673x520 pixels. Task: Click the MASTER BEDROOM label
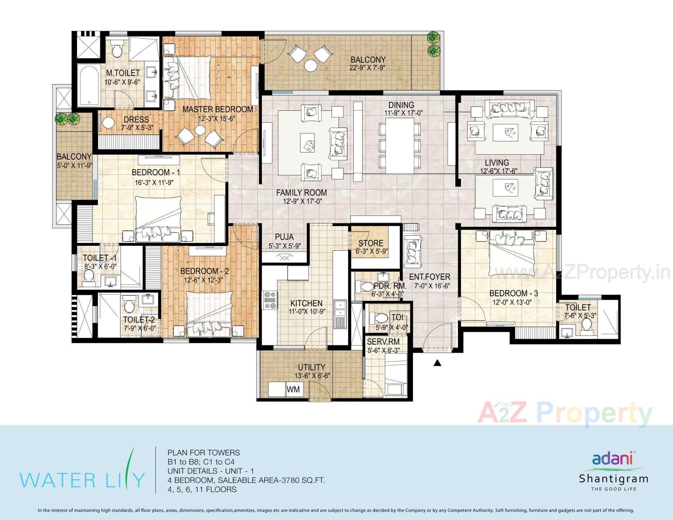tap(217, 109)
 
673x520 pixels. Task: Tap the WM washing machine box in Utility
tap(293, 390)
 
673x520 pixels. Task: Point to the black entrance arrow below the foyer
tap(437, 363)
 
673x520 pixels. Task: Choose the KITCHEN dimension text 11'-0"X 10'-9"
tap(306, 311)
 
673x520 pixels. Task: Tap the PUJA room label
tap(284, 237)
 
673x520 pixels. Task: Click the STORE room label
tap(371, 243)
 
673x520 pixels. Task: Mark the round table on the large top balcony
tap(311, 65)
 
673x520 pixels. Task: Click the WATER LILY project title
tap(82, 480)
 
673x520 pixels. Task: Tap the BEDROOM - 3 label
tap(514, 293)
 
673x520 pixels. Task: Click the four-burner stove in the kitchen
tap(270, 300)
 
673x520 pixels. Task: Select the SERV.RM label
tap(383, 341)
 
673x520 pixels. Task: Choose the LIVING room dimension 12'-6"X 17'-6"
tap(499, 171)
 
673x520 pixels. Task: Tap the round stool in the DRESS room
tap(109, 123)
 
